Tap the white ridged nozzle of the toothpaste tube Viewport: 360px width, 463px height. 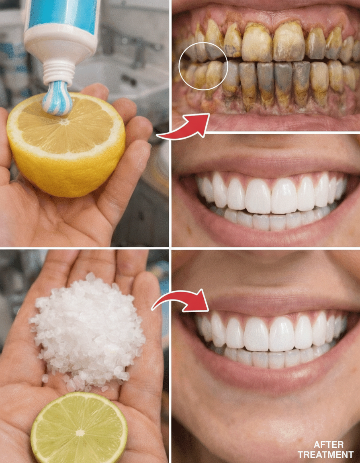tap(59, 72)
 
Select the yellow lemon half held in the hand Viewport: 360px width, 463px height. tap(66, 144)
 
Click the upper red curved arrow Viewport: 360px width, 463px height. tap(185, 127)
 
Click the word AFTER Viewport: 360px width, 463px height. tap(325, 445)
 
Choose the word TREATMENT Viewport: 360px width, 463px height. tap(325, 454)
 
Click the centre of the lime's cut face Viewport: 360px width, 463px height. tap(80, 433)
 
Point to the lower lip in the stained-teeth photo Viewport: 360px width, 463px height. tap(266, 121)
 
